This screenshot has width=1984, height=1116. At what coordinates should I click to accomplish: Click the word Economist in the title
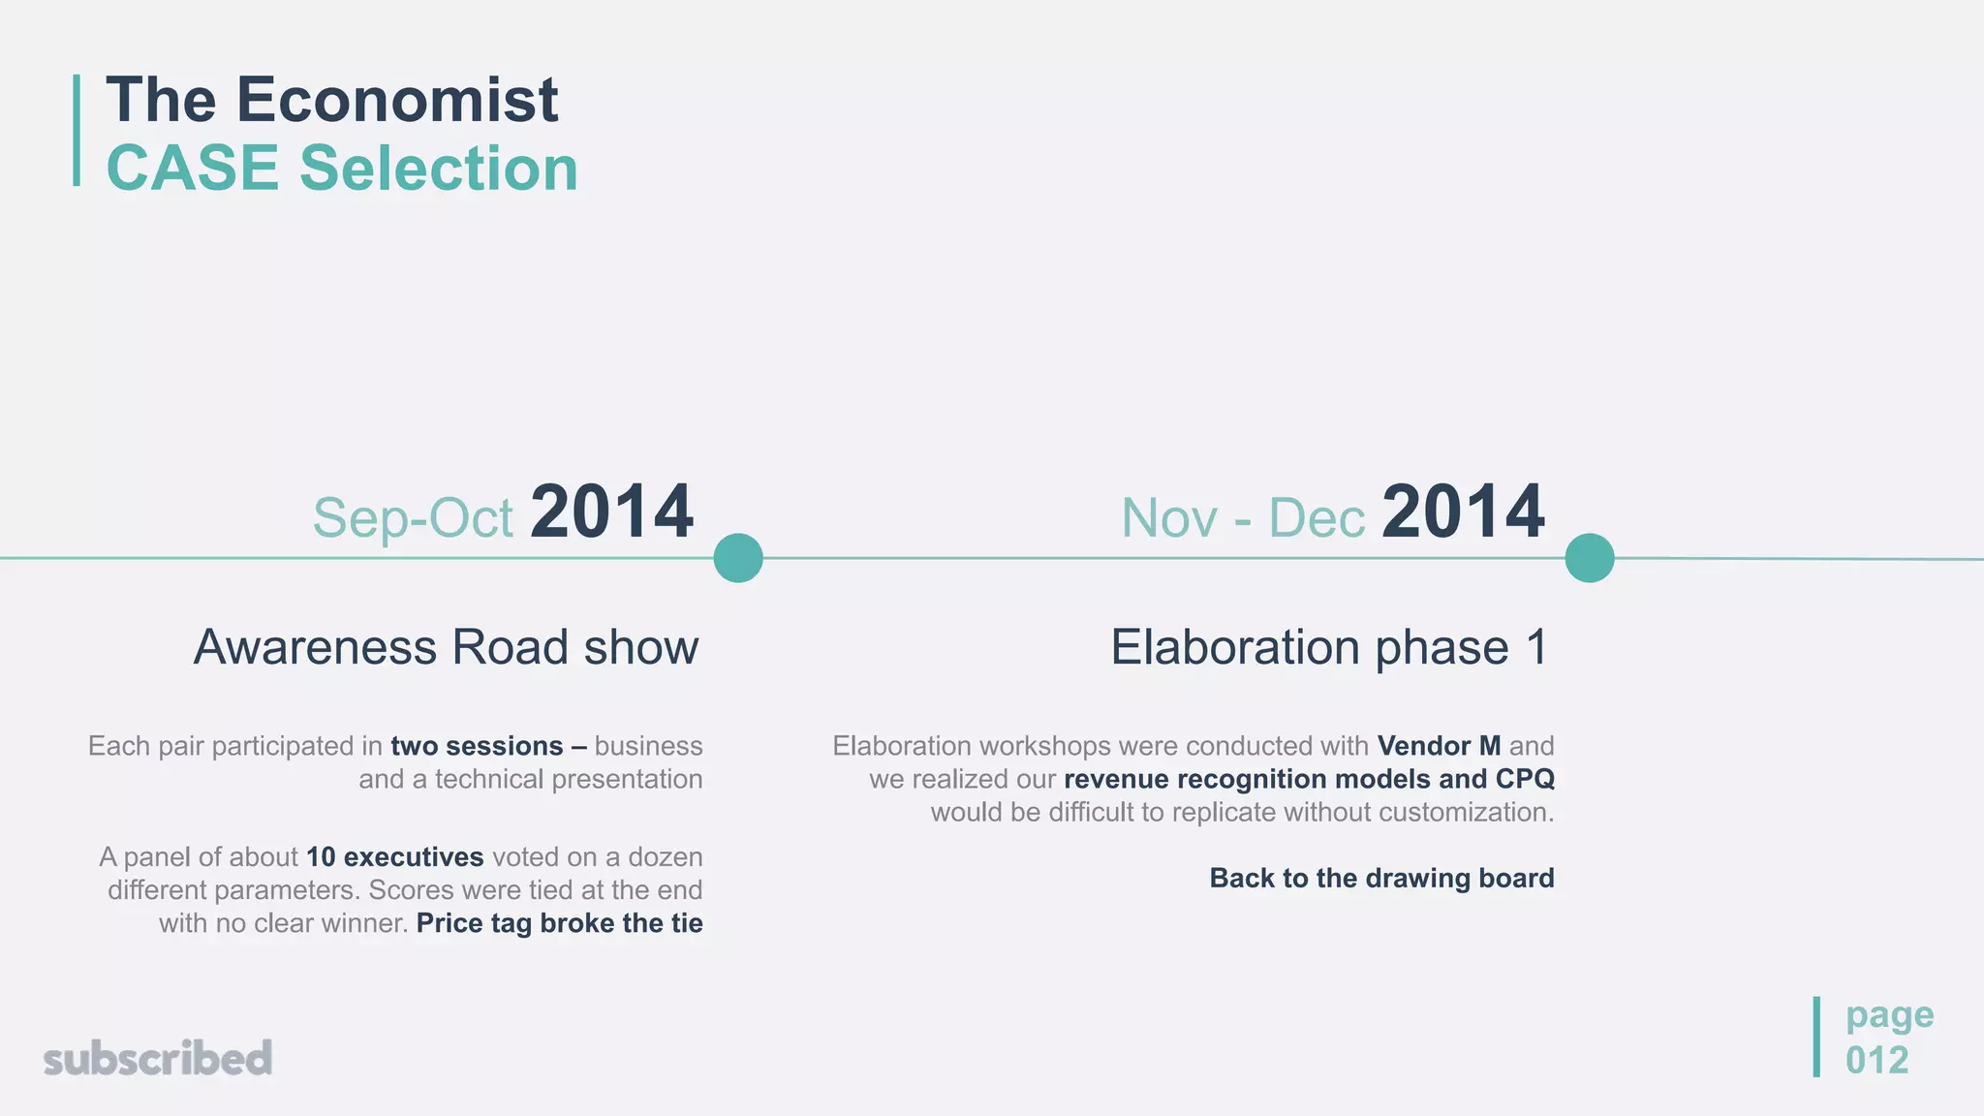click(x=397, y=100)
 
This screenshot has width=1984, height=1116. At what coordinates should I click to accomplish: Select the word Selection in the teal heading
click(x=439, y=169)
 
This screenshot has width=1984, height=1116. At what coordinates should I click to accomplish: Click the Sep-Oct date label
click(x=413, y=518)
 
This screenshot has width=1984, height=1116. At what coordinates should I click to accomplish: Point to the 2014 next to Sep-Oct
click(x=611, y=512)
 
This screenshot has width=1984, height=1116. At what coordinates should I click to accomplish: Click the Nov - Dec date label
click(x=1243, y=518)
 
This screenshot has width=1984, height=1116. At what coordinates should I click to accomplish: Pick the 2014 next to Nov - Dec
click(x=1463, y=512)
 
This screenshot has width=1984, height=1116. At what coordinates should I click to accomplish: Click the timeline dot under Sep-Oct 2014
click(x=738, y=558)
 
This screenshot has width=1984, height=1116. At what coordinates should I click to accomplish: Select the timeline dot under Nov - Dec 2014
click(x=1590, y=558)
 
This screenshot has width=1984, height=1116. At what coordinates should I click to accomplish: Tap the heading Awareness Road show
click(x=446, y=647)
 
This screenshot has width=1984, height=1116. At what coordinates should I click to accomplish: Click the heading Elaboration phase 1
click(x=1329, y=647)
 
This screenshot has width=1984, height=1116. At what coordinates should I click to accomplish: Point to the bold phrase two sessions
click(x=477, y=746)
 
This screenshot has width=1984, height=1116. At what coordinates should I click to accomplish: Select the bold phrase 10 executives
click(x=394, y=857)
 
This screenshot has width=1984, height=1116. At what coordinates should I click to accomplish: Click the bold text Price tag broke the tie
click(x=559, y=923)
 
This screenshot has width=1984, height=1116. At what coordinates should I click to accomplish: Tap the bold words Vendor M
click(x=1439, y=746)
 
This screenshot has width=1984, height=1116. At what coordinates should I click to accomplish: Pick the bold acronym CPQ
click(x=1525, y=779)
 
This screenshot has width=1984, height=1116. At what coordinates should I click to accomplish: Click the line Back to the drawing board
click(x=1381, y=878)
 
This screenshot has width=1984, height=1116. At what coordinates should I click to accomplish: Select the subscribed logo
click(x=158, y=1058)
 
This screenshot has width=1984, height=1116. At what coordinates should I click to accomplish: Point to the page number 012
click(x=1876, y=1061)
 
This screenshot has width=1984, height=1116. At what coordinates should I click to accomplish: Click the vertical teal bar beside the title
click(x=77, y=130)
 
